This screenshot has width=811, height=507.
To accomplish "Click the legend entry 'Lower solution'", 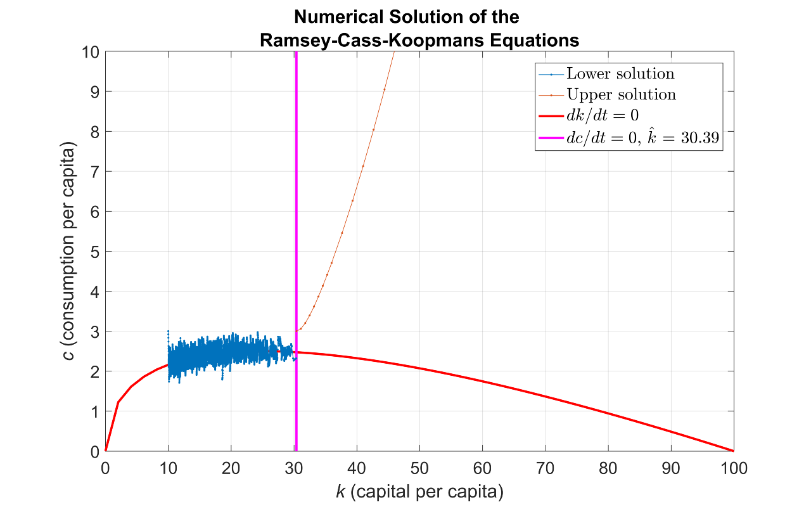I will pos(620,74).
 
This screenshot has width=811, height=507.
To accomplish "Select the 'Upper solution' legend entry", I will pos(621,95).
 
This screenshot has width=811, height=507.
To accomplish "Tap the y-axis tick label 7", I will pos(93,171).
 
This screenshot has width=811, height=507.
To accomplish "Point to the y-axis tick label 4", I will pos(93,292).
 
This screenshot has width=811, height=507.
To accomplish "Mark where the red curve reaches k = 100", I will pos(734,451).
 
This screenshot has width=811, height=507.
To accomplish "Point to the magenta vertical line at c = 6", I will pos(296,211).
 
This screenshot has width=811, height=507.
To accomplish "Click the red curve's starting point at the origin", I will pos(106,451).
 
